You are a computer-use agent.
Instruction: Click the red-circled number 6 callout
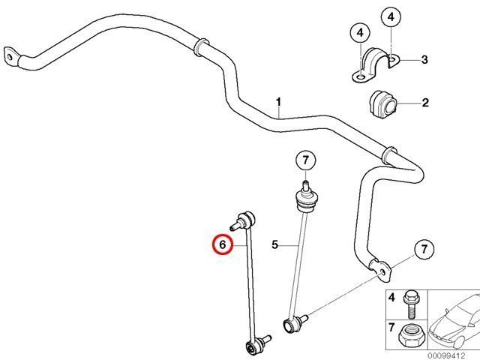(223, 244)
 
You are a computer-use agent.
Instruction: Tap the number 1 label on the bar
(278, 102)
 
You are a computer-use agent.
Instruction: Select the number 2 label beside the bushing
(425, 103)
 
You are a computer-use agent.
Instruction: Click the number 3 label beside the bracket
(424, 59)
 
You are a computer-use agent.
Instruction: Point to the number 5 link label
(275, 244)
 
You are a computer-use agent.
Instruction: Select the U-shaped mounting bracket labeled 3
(376, 64)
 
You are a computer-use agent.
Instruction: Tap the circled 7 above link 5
(305, 160)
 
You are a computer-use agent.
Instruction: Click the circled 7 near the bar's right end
(424, 249)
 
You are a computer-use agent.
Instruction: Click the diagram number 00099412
(446, 355)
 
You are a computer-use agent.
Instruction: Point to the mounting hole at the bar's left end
(10, 57)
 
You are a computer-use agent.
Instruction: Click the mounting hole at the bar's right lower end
(382, 271)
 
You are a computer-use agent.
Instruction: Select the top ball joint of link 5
(307, 197)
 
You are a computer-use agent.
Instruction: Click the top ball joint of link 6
(244, 221)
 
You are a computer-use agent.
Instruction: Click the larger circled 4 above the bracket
(391, 16)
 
